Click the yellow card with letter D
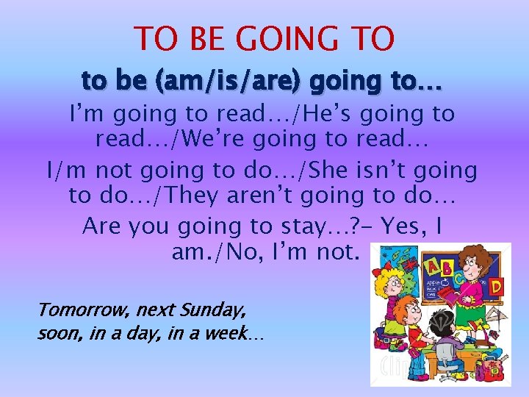click(x=496, y=285)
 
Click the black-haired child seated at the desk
click(x=440, y=327)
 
